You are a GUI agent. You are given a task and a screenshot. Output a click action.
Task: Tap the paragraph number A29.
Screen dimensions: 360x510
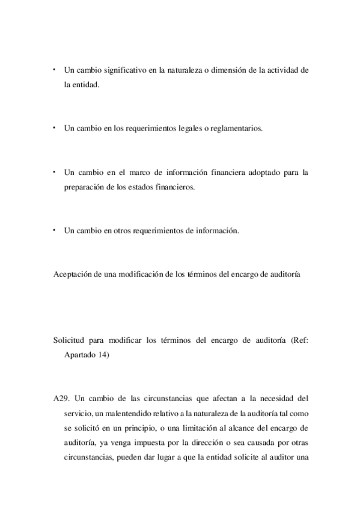click(62, 398)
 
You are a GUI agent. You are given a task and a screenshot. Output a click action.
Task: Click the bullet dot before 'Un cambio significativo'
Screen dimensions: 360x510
click(54, 70)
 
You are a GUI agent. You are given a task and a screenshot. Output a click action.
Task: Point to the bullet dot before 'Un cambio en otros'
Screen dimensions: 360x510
click(54, 229)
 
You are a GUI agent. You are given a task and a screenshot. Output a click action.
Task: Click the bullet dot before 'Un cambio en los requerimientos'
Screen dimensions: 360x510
click(54, 127)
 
